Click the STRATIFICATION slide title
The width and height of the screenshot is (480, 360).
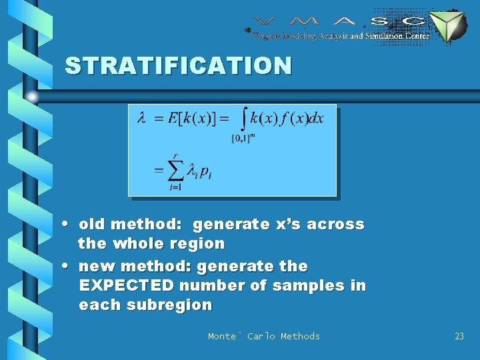click(178, 65)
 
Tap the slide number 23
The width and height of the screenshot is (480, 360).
click(459, 336)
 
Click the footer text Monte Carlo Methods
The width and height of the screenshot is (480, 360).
click(263, 336)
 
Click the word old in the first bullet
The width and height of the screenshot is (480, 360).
click(92, 224)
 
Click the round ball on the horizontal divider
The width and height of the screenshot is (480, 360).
click(31, 97)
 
